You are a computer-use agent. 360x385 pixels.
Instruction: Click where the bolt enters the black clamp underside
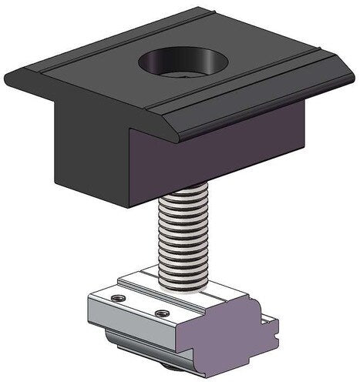pyautogui.click(x=186, y=198)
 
